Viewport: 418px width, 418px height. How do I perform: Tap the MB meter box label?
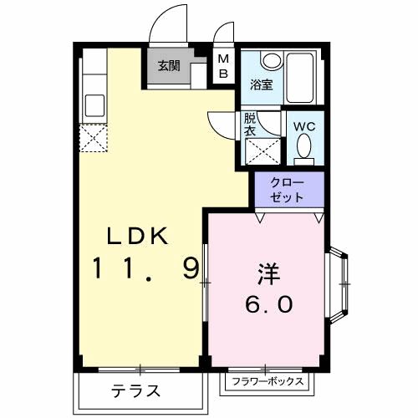pyautogui.click(x=223, y=65)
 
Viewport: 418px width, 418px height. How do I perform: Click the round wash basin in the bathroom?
pyautogui.click(x=271, y=60)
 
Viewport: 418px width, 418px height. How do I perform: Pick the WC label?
pyautogui.click(x=303, y=127)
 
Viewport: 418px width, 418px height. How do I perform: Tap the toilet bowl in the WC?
pyautogui.click(x=303, y=150)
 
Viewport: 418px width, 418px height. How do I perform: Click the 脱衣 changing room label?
pyautogui.click(x=250, y=125)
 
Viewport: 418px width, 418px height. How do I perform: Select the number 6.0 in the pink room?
pyautogui.click(x=269, y=304)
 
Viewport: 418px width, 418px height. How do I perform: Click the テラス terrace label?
pyautogui.click(x=135, y=390)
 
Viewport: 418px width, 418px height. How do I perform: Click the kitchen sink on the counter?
pyautogui.click(x=94, y=104)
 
